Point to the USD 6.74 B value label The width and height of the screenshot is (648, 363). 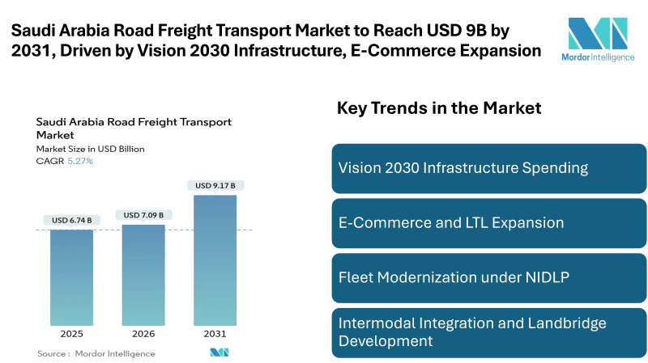pos(71,221)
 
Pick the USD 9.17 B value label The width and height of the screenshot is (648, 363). pos(215,186)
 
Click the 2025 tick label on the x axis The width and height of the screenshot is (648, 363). pos(71,334)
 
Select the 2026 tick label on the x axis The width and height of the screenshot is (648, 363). pos(143,334)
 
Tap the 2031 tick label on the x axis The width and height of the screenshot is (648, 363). pos(215,334)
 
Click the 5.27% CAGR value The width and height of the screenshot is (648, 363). pos(81,161)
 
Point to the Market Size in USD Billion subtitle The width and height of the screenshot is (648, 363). pos(85,149)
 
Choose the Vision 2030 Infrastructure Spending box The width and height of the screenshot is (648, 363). pos(489,168)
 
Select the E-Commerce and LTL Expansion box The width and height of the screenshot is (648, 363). pos(489,222)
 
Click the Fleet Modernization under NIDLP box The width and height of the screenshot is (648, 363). pos(489,276)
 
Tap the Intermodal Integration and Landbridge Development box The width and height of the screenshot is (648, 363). pos(489,331)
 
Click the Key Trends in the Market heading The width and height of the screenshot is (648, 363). pos(439,108)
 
